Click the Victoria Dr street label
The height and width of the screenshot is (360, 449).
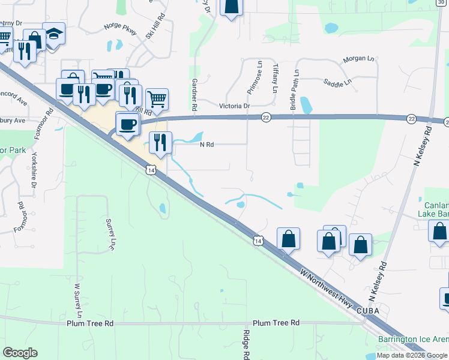tap(235, 106)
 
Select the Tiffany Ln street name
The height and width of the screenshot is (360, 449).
tap(275, 78)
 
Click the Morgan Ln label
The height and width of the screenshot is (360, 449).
tap(358, 59)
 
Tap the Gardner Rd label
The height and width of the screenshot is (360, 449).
tap(194, 94)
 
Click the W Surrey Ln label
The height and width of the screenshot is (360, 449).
tap(77, 300)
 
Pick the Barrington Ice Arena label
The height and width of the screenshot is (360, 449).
tap(413, 340)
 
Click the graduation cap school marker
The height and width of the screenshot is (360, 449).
tap(53, 34)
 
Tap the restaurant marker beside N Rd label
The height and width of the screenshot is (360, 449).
tap(160, 142)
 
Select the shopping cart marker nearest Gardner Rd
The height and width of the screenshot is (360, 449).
tap(157, 99)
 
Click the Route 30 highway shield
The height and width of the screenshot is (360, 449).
tap(442, 2)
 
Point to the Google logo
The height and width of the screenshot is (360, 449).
tap(20, 353)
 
